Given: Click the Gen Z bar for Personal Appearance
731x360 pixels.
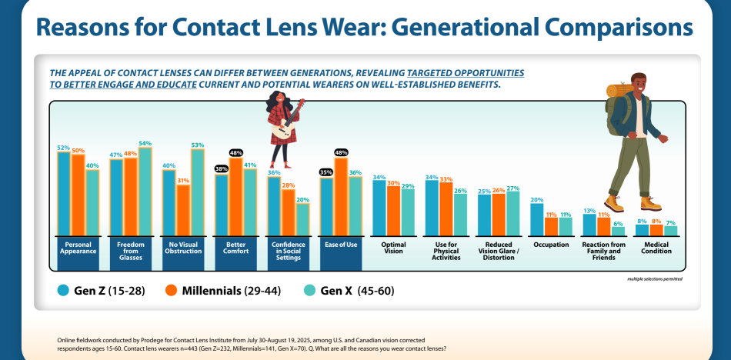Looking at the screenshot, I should pyautogui.click(x=64, y=192).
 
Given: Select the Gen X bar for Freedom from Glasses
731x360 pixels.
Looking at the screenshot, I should pyautogui.click(x=145, y=191).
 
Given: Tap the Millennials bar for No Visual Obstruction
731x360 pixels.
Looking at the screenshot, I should pyautogui.click(x=183, y=209).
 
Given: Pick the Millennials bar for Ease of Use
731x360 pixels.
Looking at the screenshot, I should pyautogui.click(x=340, y=196).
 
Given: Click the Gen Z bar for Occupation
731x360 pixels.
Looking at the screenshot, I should pyautogui.click(x=536, y=218).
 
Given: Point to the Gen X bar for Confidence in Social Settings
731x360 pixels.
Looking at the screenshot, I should pyautogui.click(x=302, y=218).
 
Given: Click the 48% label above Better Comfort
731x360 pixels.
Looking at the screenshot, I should pyautogui.click(x=236, y=152).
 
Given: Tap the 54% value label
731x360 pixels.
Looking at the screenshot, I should pyautogui.click(x=145, y=143).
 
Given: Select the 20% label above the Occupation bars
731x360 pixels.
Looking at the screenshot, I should pyautogui.click(x=536, y=199).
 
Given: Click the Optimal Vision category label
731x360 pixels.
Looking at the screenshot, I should pyautogui.click(x=393, y=248).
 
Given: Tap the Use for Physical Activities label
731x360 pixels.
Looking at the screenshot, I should pyautogui.click(x=446, y=251).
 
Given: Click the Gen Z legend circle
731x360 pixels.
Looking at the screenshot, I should pyautogui.click(x=64, y=291).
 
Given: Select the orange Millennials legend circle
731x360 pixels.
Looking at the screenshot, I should pyautogui.click(x=170, y=291).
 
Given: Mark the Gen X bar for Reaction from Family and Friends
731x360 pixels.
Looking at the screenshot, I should pyautogui.click(x=618, y=230).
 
